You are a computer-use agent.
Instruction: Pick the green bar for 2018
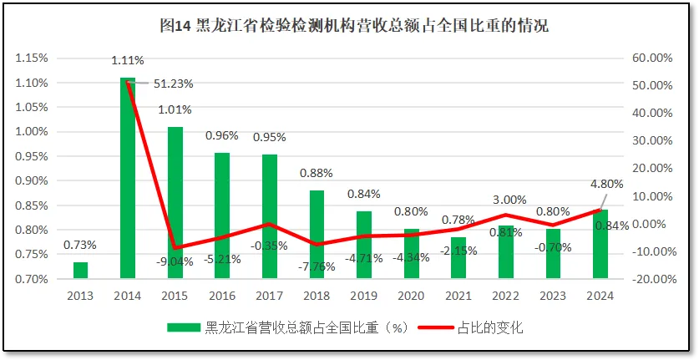pyautogui.click(x=317, y=234)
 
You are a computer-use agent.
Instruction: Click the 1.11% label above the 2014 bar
pyautogui.click(x=128, y=60)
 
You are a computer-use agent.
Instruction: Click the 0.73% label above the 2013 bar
pyautogui.click(x=80, y=245)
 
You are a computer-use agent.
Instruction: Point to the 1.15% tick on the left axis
pyautogui.click(x=32, y=58)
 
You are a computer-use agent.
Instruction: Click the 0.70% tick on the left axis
pyautogui.click(x=32, y=279)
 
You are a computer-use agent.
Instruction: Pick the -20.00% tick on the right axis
pyautogui.click(x=651, y=279)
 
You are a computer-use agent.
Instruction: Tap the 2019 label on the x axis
pyautogui.click(x=363, y=296)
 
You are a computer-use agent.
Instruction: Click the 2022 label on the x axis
pyautogui.click(x=506, y=296)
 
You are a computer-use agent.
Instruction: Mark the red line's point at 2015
pyautogui.click(x=175, y=248)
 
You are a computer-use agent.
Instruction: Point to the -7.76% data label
pyautogui.click(x=317, y=267)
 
